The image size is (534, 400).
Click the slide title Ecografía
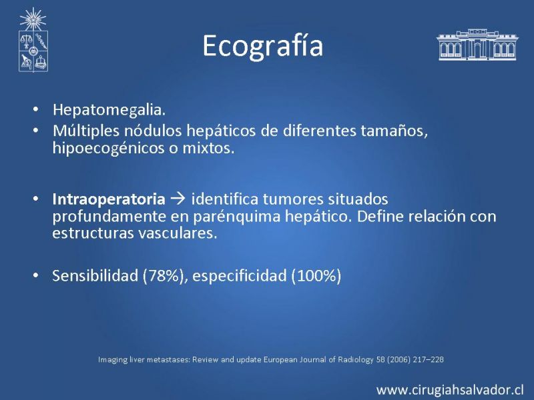[x=262, y=46]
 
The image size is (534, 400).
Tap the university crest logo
[x=33, y=40]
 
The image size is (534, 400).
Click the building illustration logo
[x=477, y=45]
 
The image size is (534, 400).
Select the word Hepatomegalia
[x=109, y=110]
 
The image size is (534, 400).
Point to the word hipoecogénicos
[x=108, y=148]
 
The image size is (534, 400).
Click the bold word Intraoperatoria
[x=109, y=199]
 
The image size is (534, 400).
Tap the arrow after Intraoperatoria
[x=178, y=199]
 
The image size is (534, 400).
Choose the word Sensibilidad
[x=95, y=275]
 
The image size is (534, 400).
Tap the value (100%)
[x=316, y=276]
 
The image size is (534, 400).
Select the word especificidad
[x=240, y=276]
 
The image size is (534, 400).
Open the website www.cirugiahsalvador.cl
[x=450, y=390]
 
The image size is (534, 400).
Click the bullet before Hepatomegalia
[x=36, y=109]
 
